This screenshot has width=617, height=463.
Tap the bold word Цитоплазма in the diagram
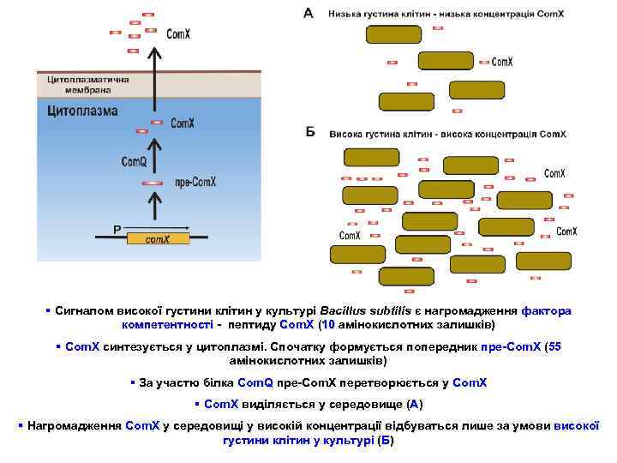tap(76, 110)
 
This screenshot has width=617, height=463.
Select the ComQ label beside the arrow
tap(134, 161)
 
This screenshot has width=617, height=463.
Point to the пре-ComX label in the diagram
tap(195, 182)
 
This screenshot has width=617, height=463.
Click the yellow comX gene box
tap(158, 238)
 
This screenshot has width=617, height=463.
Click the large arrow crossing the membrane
tap(154, 73)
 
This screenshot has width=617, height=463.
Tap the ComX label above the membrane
tap(178, 35)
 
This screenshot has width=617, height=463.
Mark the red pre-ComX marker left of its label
tap(153, 183)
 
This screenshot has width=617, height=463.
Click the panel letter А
tap(308, 13)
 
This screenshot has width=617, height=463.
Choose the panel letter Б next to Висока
tap(310, 132)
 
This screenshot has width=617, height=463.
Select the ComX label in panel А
tap(502, 62)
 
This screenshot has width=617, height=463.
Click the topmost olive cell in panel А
tap(394, 34)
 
